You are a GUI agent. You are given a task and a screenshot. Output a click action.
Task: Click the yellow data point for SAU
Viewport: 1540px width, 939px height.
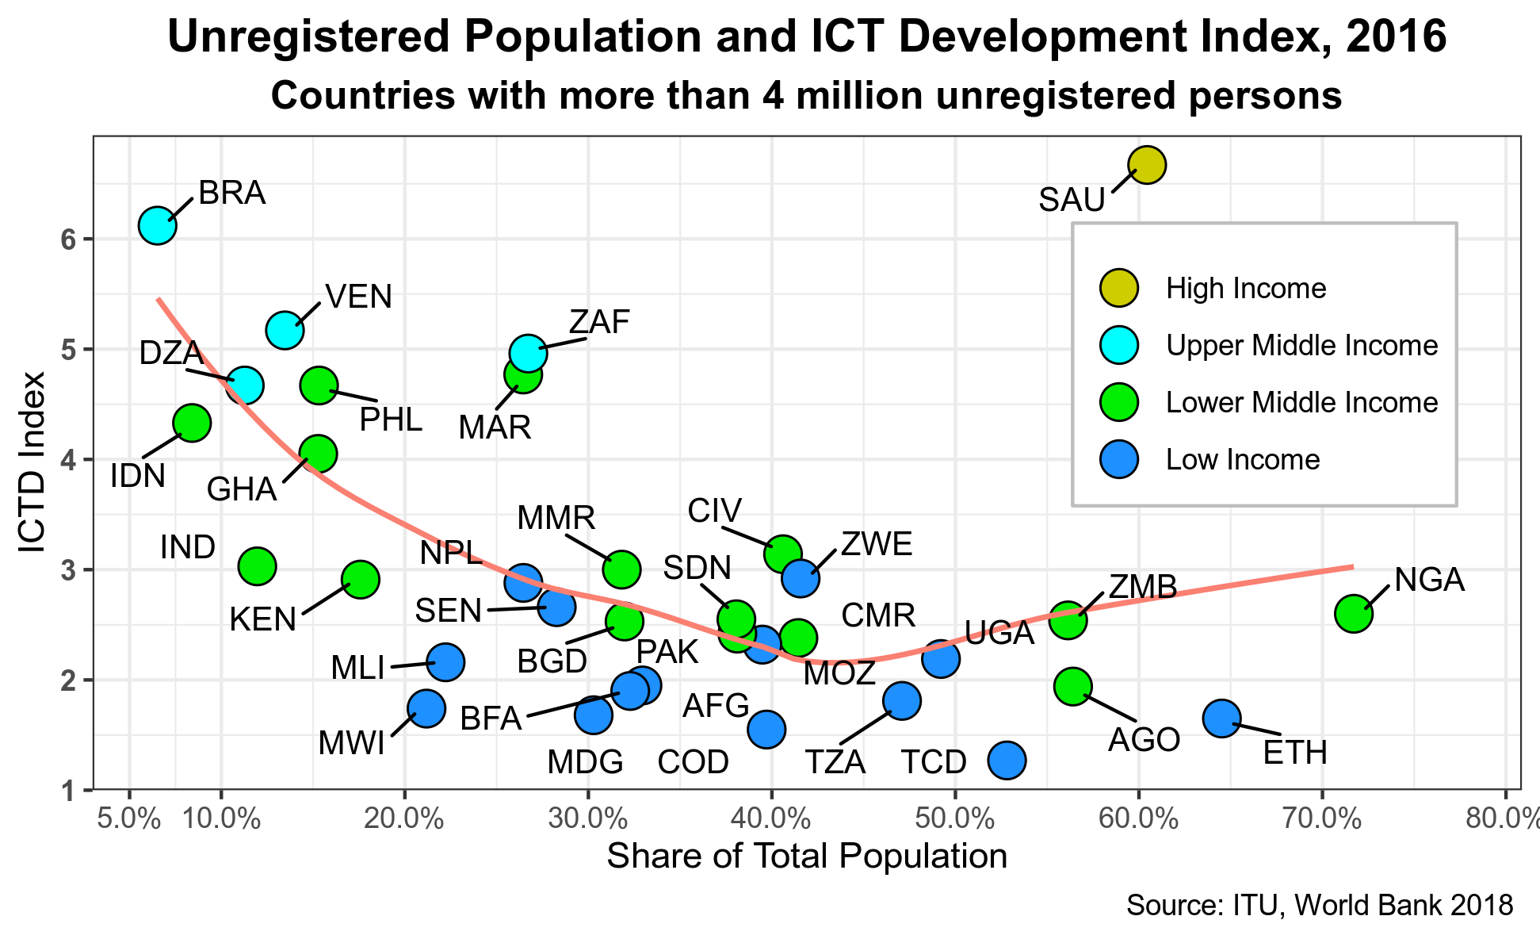click(x=1146, y=165)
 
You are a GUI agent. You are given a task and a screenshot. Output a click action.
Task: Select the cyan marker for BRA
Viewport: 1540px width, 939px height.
click(x=157, y=225)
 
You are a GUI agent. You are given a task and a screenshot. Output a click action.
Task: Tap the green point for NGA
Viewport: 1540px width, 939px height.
click(x=1354, y=613)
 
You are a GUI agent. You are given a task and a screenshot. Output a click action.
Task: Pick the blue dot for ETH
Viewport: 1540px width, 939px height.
click(x=1221, y=718)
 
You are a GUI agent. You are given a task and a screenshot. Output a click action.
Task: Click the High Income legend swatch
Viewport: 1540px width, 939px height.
click(x=1118, y=288)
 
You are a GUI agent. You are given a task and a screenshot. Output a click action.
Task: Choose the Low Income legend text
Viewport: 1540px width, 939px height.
click(x=1242, y=460)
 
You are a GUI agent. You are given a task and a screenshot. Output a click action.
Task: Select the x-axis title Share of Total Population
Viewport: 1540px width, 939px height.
click(x=807, y=857)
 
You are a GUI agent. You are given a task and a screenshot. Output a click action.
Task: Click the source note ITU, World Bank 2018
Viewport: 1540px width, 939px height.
click(x=1320, y=906)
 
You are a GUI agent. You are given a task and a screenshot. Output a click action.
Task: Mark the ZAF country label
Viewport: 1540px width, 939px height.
click(x=599, y=323)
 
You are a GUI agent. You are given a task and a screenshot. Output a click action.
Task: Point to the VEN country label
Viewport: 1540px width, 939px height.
click(x=359, y=297)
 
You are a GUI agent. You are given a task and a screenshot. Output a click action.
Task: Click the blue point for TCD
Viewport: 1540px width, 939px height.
click(x=1007, y=761)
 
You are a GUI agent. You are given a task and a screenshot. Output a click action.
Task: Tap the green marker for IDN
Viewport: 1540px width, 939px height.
click(x=191, y=423)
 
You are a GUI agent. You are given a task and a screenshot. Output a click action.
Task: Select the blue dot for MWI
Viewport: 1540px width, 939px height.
click(x=426, y=708)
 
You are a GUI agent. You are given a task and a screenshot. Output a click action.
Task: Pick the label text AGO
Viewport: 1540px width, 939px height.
click(x=1144, y=740)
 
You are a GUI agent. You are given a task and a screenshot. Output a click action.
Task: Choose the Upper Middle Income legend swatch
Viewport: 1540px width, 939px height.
click(x=1118, y=345)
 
